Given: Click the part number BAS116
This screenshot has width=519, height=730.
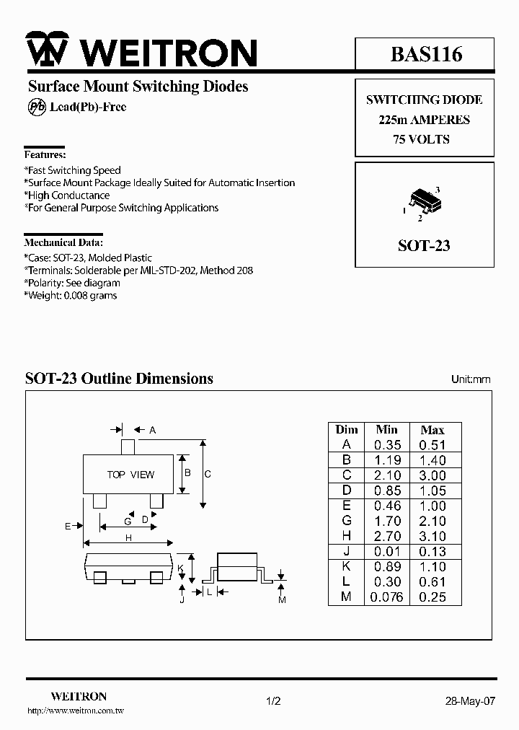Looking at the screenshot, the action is click(x=426, y=53).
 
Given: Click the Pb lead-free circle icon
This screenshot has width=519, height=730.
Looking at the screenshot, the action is click(x=35, y=107).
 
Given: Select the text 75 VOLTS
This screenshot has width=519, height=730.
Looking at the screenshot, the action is click(x=422, y=139).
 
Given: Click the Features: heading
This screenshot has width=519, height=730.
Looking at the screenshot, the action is click(x=45, y=154).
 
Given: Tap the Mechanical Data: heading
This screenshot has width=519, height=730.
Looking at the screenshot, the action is click(x=63, y=242).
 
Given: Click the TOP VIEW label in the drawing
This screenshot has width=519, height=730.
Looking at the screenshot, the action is click(x=130, y=475).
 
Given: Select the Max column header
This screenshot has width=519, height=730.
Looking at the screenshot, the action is click(x=432, y=430).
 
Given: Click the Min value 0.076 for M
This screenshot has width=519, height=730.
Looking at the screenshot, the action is click(x=386, y=597).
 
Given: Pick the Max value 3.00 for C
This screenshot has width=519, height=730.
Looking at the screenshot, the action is click(x=432, y=475).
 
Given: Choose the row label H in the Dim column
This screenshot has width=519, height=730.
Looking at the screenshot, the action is click(x=346, y=536).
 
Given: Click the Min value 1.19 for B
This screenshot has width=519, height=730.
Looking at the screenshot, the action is click(x=388, y=460).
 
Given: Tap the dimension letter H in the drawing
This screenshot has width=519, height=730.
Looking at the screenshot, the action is click(x=128, y=537).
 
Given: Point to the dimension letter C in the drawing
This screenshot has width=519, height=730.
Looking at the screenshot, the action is click(x=208, y=474).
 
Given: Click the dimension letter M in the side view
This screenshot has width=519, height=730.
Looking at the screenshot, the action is click(x=282, y=600).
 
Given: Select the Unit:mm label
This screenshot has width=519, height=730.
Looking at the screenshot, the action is click(x=471, y=379).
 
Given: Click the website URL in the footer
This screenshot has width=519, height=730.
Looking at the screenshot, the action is click(x=76, y=711).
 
